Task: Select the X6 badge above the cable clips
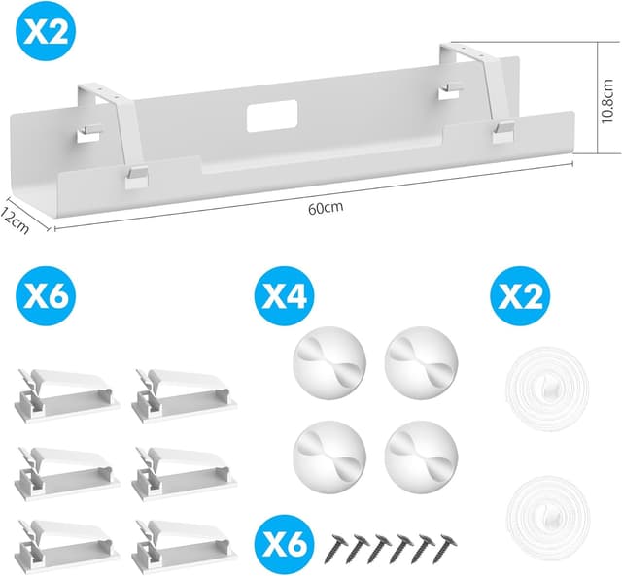pos(45,293)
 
